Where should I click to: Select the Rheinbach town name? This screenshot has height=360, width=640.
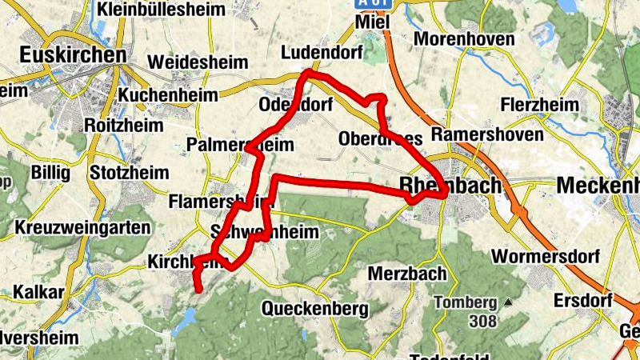tap(450, 186)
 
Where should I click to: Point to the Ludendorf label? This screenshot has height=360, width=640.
tap(322, 53)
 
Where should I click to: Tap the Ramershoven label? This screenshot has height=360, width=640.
tap(486, 134)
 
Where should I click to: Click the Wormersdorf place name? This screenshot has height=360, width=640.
tap(543, 257)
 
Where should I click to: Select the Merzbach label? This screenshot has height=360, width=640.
tap(407, 274)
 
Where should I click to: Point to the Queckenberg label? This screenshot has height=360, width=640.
tap(315, 308)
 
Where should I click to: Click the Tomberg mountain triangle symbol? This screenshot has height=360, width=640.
tap(507, 302)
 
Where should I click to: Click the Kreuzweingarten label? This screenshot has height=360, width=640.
tap(82, 228)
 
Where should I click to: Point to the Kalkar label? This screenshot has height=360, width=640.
tap(38, 292)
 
